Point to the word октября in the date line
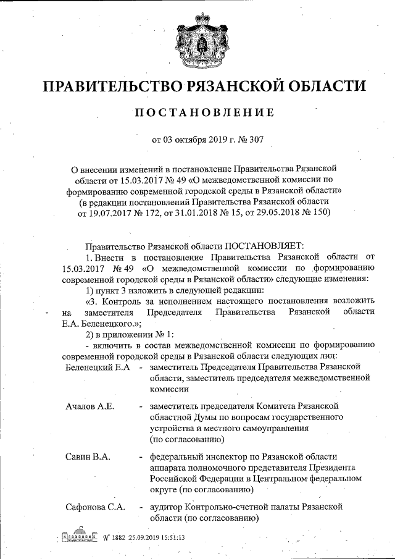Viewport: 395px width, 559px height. [x=188, y=139]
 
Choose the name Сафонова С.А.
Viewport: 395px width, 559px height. [x=96, y=507]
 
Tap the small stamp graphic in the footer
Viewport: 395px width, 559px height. [x=80, y=535]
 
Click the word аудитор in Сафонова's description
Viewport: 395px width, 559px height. [x=165, y=507]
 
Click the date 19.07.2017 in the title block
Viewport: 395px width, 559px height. [x=103, y=213]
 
